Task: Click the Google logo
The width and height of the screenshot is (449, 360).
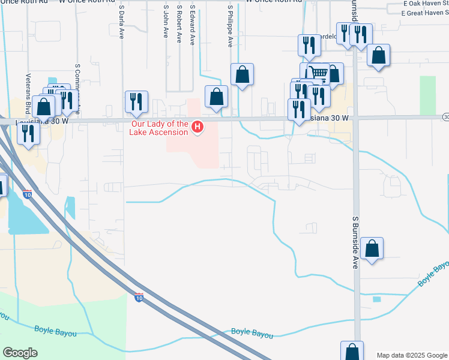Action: [x=20, y=353]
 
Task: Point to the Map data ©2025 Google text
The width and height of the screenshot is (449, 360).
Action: [x=412, y=355]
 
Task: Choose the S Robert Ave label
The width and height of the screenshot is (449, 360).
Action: [x=179, y=24]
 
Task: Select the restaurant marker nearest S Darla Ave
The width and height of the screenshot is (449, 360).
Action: [x=136, y=101]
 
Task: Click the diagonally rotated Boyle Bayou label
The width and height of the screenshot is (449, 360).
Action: [x=433, y=274]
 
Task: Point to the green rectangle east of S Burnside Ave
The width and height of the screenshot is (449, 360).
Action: [x=427, y=95]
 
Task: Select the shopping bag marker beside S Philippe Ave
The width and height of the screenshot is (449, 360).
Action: [x=242, y=74]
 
